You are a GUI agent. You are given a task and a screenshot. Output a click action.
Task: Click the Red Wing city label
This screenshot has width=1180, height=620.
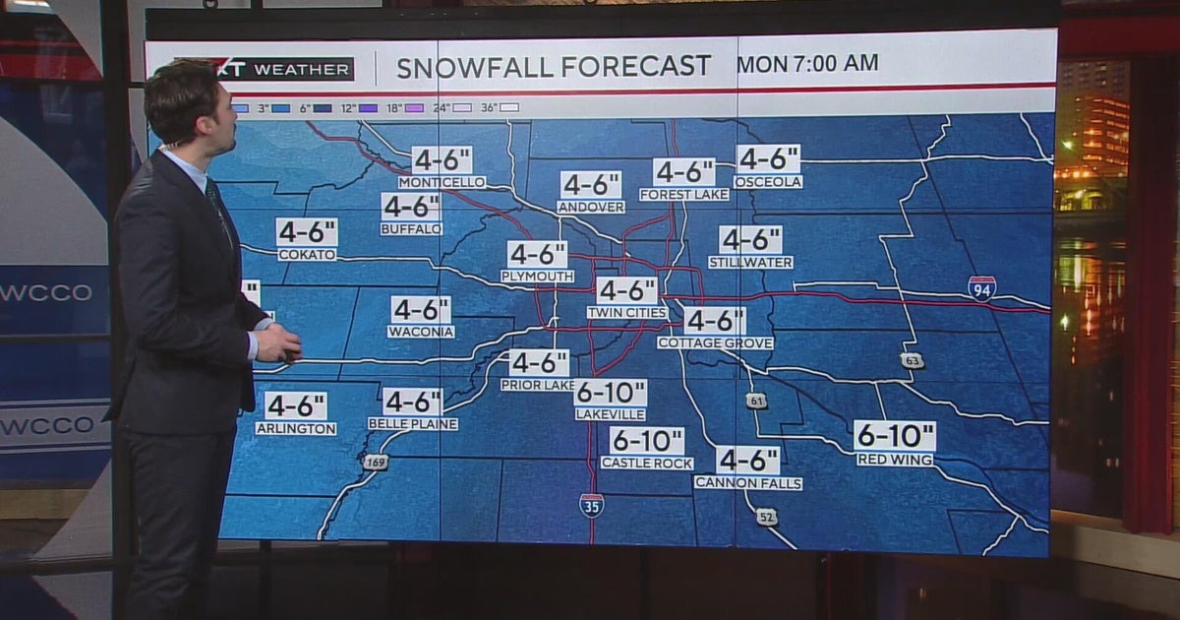pos(895,460)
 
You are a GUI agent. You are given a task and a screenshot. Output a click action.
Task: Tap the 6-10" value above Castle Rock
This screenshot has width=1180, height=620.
pos(646,441)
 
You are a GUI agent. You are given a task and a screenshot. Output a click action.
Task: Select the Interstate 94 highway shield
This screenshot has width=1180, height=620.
pos(981,287)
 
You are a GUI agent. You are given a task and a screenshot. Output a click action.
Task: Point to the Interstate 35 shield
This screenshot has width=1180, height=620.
pos(591,505)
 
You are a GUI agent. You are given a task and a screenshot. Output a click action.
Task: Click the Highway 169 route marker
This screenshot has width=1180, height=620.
pos(375,462)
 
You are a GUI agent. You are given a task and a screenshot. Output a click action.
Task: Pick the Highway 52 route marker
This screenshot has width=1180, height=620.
pos(767,516)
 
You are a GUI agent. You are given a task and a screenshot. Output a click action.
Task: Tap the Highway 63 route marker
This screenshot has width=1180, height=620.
pos(913,360)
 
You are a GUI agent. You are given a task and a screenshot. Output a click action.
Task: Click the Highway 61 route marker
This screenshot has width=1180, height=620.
pos(755,401)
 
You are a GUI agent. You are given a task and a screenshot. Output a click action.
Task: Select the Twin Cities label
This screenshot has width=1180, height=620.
pos(627,313)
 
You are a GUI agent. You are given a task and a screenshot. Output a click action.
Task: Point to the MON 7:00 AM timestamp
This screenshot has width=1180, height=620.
pos(807,64)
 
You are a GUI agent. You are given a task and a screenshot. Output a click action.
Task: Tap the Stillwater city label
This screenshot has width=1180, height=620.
pos(750,263)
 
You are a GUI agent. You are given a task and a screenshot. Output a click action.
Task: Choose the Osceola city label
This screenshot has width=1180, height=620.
pos(768,182)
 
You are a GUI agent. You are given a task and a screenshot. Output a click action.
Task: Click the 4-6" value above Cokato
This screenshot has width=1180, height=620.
pos(307,232)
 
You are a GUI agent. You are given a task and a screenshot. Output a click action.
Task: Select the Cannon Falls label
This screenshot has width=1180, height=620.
pos(747,483)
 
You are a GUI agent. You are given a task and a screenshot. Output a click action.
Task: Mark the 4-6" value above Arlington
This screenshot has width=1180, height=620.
pos(295,406)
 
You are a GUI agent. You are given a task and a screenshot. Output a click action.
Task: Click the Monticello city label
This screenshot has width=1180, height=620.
pos(442,182)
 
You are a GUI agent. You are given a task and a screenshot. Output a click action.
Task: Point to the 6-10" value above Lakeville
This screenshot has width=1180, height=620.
pos(611,393)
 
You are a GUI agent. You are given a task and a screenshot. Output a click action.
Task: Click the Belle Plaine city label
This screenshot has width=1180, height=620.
pos(413,423)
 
